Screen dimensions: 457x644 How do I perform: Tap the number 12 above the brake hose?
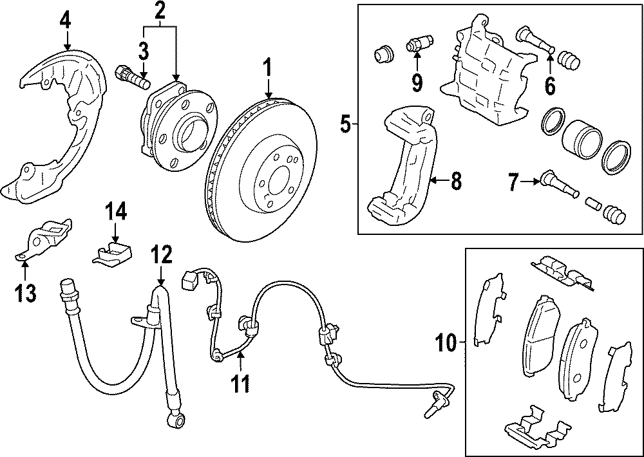pos(161,256)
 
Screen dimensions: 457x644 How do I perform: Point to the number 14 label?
pos(116,210)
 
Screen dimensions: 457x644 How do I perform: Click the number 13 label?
pos(26,293)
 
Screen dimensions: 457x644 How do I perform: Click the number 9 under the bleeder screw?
pos(417,82)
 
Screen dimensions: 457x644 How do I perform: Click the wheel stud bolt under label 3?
pos(131,78)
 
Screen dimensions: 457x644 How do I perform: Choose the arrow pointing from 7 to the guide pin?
pos(530,183)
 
